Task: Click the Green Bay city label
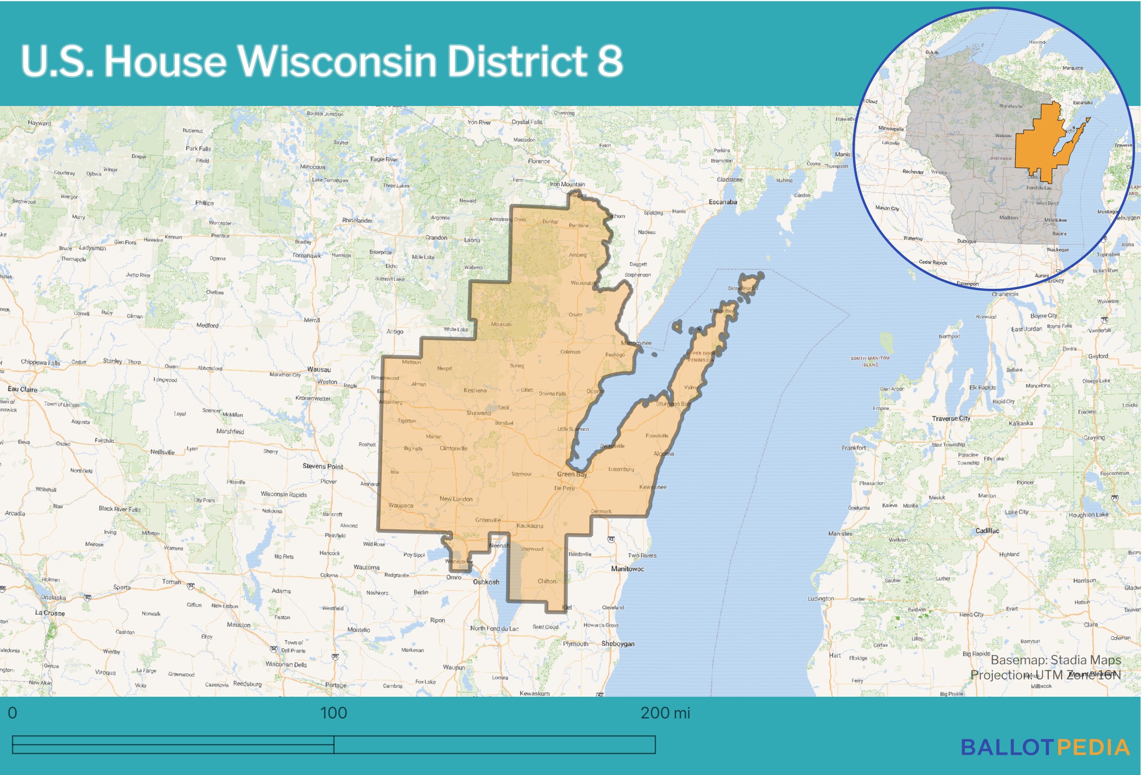pos(571,474)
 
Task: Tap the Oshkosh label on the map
pos(486,582)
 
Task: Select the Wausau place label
pos(319,369)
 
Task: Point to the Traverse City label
pos(951,418)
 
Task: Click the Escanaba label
pos(723,202)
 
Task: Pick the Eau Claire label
pos(22,389)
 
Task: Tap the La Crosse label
pos(50,613)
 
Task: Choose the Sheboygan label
pos(618,644)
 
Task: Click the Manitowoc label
pos(628,569)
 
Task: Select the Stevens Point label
pos(323,466)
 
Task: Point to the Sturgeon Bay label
pos(673,404)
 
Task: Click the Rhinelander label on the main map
pos(357,220)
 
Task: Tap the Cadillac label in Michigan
pos(987,531)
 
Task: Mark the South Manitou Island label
pos(870,361)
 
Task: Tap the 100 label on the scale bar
pos(334,713)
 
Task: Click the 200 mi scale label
pos(665,713)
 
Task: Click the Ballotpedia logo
pos(1045,748)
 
